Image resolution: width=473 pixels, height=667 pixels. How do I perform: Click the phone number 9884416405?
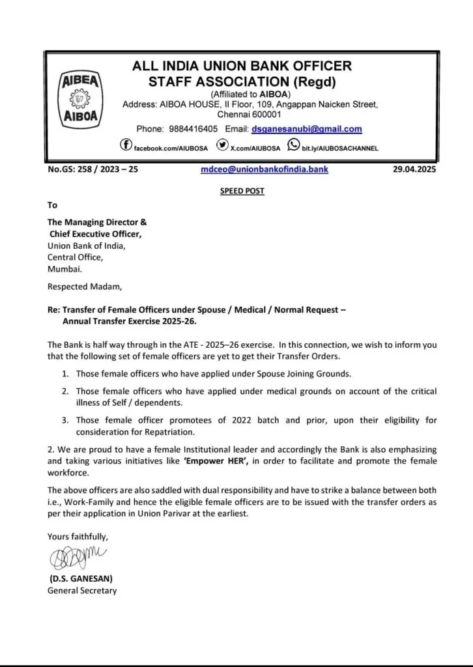point(194,130)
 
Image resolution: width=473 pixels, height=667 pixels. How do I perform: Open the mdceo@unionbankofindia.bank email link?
point(265,170)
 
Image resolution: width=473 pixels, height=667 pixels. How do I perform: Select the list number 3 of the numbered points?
point(65,421)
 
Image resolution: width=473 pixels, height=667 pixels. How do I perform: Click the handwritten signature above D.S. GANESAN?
point(76,560)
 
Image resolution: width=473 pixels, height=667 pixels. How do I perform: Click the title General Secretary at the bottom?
point(82,591)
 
